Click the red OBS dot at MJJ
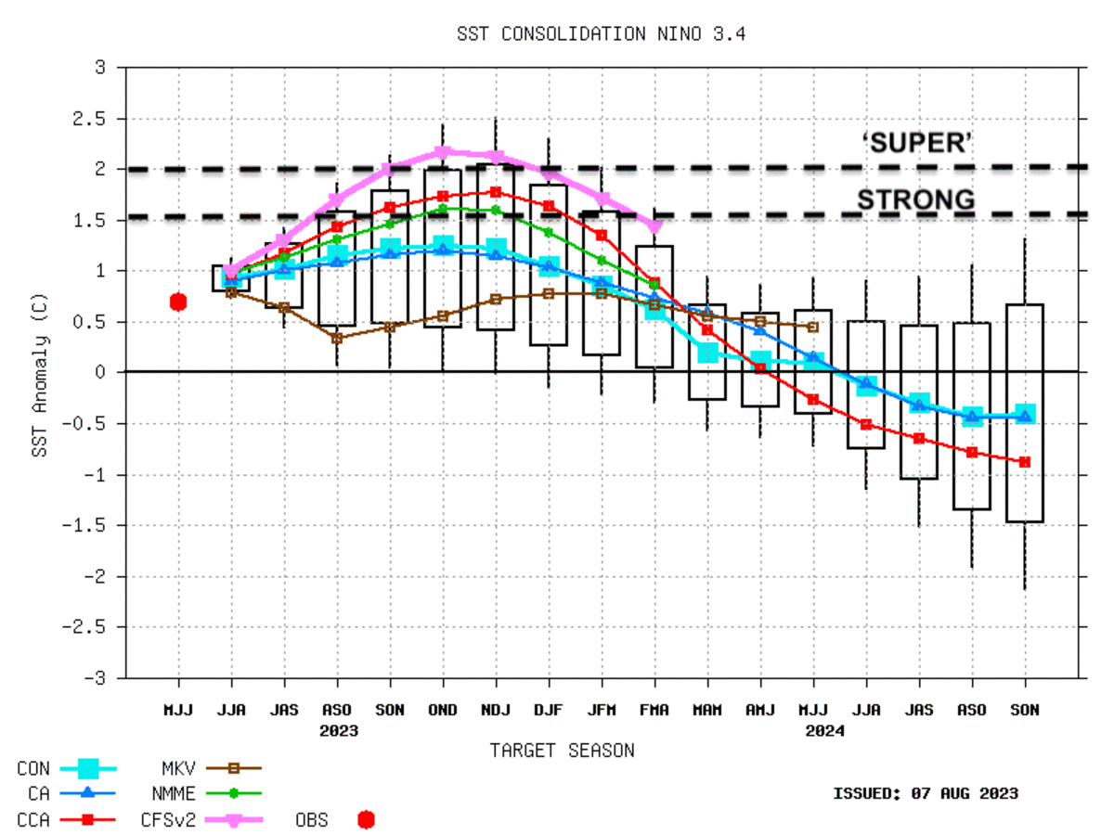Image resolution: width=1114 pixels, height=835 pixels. click(178, 302)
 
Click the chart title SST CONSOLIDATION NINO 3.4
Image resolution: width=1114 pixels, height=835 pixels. click(602, 34)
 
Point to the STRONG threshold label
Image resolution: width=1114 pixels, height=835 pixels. click(915, 199)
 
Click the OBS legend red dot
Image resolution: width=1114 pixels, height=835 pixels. click(366, 819)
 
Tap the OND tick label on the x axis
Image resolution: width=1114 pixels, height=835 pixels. click(443, 710)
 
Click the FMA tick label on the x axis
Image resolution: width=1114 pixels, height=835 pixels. click(654, 710)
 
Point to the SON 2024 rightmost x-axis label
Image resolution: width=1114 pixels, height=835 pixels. click(1025, 710)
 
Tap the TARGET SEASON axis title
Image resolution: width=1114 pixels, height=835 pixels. click(562, 751)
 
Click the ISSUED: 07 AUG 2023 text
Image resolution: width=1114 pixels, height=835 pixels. click(925, 793)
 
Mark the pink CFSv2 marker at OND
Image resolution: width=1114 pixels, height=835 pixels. click(443, 152)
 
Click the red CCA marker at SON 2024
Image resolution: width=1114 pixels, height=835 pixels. click(1025, 461)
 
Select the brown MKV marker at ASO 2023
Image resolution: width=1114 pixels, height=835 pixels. click(337, 338)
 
